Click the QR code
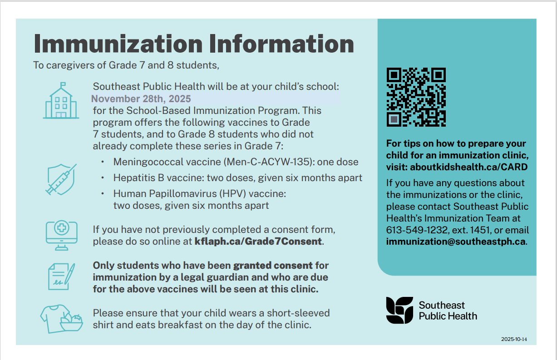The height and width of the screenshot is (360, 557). pyautogui.click(x=416, y=97)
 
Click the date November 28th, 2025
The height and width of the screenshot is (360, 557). pyautogui.click(x=141, y=99)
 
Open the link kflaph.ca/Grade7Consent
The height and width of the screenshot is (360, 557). pyautogui.click(x=258, y=242)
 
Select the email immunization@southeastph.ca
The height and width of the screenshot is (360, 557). pyautogui.click(x=456, y=242)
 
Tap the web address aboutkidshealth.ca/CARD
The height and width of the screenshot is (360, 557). pyautogui.click(x=469, y=167)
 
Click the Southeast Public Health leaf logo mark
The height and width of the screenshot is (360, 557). pyautogui.click(x=399, y=311)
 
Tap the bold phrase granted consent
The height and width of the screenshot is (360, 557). pyautogui.click(x=273, y=265)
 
